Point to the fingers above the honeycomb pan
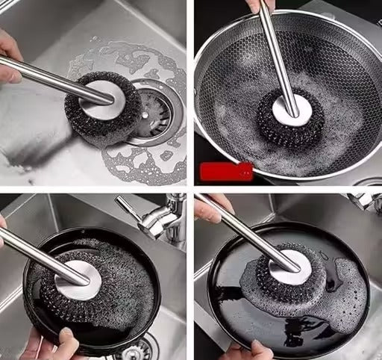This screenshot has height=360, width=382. pyautogui.click(x=262, y=5)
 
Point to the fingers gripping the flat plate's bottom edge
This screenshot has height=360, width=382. pyautogui.click(x=246, y=350)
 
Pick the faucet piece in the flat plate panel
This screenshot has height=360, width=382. pyautogui.click(x=366, y=202)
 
